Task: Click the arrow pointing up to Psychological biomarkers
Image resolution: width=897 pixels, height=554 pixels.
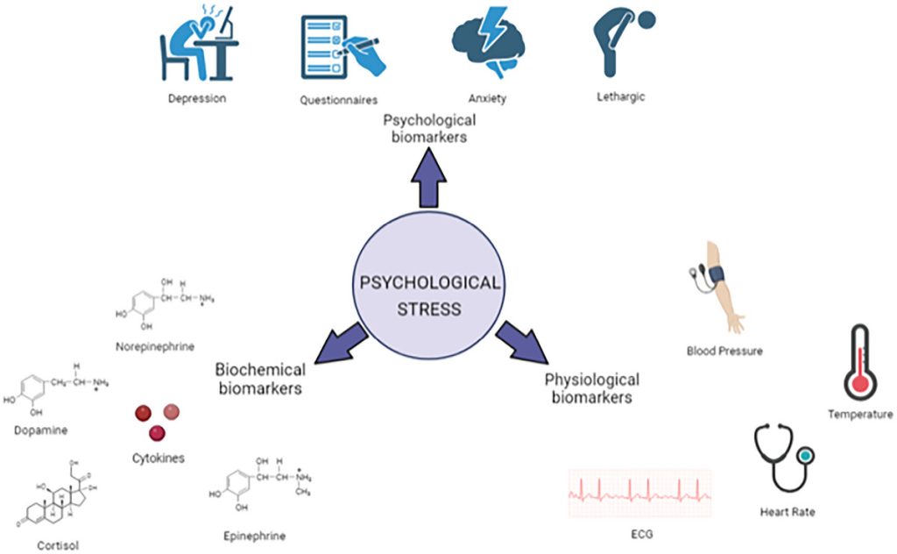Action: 429,179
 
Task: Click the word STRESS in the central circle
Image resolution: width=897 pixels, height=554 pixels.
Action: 428,309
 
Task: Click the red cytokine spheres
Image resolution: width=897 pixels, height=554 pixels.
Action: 157,420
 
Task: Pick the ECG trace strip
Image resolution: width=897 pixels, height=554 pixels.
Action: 639,493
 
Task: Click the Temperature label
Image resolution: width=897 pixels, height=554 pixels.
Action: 860,414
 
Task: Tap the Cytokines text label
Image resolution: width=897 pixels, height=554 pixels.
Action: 159,457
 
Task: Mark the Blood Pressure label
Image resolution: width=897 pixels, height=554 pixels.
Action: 724,351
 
